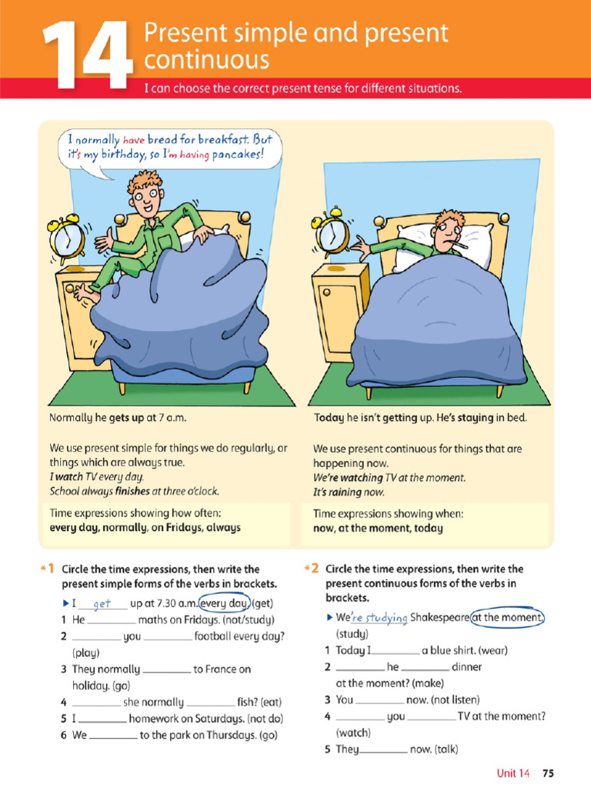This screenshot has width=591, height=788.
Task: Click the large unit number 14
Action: pos(85,55)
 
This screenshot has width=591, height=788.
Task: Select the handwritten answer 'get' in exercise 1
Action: pos(102,604)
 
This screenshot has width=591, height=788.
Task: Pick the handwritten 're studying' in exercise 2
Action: pos(379,618)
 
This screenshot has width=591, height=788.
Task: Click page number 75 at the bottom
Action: pos(548,773)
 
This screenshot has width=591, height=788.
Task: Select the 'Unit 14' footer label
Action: pos(513,773)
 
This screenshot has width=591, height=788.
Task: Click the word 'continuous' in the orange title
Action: pos(208,60)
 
